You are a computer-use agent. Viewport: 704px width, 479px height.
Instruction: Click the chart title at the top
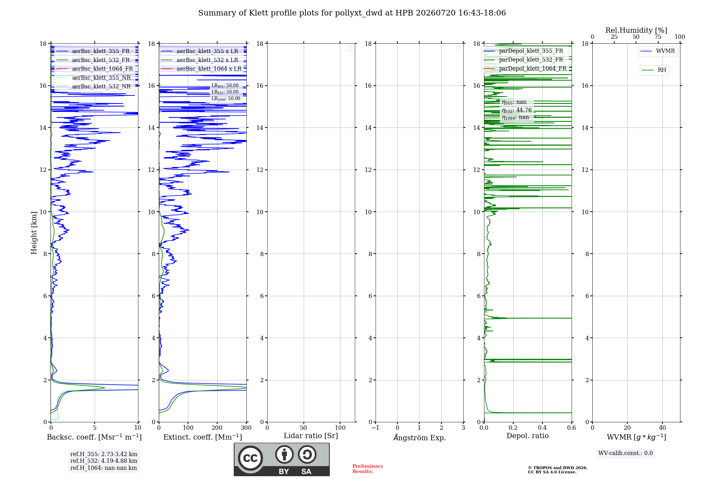click(352, 13)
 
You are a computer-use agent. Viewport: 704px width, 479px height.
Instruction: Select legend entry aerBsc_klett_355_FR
click(93, 51)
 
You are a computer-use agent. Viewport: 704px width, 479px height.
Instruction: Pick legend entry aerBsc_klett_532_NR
click(93, 87)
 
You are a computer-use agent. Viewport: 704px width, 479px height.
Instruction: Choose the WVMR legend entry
click(658, 51)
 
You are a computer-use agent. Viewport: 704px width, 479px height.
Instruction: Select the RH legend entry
click(654, 70)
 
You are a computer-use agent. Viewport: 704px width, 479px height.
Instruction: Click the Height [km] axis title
click(34, 233)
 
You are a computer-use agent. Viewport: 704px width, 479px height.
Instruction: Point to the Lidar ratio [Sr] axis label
click(311, 436)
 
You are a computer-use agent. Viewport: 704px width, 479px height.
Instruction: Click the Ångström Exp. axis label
click(420, 437)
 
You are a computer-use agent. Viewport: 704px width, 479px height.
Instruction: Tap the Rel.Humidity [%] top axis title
click(636, 30)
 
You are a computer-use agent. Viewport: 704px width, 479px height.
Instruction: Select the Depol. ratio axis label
click(528, 436)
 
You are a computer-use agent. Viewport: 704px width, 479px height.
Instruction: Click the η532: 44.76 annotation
click(517, 110)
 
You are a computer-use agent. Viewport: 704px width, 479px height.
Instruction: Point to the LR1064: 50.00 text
click(226, 99)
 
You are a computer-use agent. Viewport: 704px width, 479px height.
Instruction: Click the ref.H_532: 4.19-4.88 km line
click(104, 461)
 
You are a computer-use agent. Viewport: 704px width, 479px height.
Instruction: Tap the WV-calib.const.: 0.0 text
click(626, 453)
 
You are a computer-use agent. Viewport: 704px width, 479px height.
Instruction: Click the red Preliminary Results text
click(368, 469)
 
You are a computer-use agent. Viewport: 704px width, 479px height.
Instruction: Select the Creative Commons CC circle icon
click(250, 458)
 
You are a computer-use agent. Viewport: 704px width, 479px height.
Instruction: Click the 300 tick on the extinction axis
click(246, 428)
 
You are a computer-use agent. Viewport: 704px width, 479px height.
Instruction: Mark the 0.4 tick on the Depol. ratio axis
click(542, 428)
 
